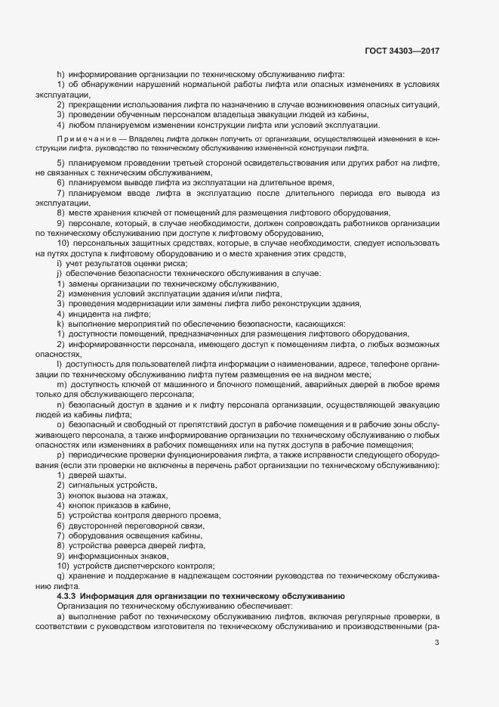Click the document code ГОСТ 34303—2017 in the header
coord(401,50)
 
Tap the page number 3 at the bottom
coord(437,643)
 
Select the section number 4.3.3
coord(71,597)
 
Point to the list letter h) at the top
coord(60,74)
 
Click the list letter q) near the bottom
coord(60,575)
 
